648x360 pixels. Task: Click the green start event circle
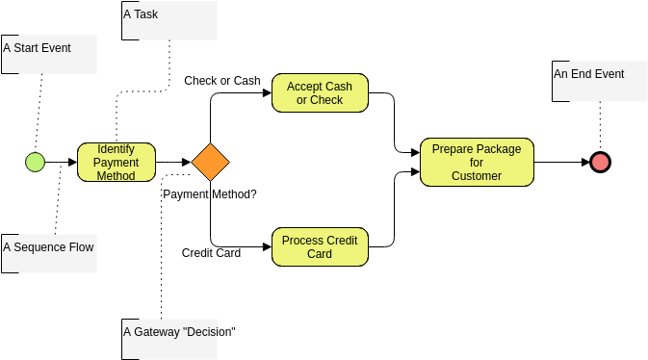point(35,162)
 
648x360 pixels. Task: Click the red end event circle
point(600,162)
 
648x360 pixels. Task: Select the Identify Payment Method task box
point(116,162)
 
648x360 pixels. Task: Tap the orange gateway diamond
point(210,162)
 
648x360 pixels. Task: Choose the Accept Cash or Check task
point(319,93)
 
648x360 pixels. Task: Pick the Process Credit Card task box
point(319,247)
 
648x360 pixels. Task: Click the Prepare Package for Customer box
point(476,162)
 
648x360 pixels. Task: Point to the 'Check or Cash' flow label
point(222,81)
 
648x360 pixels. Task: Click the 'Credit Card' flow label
point(211,253)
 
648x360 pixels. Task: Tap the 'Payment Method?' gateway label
point(209,194)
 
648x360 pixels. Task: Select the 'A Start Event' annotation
point(38,47)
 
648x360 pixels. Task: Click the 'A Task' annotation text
point(142,14)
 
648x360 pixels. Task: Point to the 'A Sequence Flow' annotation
point(48,247)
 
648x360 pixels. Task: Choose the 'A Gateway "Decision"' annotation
point(180,332)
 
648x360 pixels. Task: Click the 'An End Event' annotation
point(588,74)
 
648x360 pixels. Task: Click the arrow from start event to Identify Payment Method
point(61,162)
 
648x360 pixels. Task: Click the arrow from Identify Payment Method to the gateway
point(172,162)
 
